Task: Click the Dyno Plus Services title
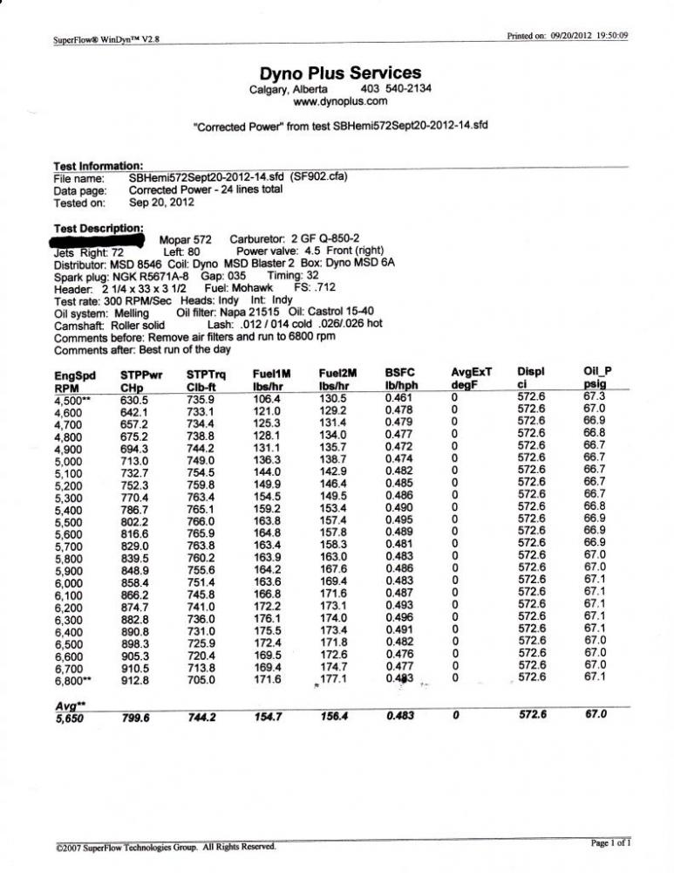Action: pos(341,73)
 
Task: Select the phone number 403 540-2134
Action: pos(396,88)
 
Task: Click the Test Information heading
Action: pos(98,165)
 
